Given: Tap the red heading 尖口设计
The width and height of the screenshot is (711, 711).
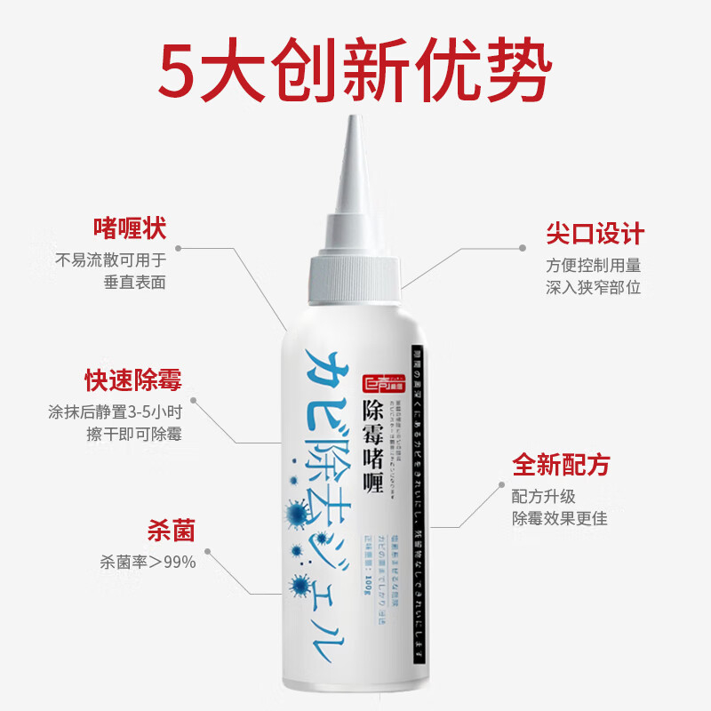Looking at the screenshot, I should click(595, 234).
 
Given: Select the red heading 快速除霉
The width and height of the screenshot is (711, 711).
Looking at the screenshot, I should click(133, 380).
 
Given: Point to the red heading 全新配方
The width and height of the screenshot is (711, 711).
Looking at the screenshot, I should click(561, 465).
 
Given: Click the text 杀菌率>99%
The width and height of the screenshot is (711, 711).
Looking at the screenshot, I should click(148, 562).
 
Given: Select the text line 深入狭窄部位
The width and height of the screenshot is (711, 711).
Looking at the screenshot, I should click(594, 287).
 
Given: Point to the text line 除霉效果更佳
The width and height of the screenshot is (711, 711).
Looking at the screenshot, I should click(560, 518).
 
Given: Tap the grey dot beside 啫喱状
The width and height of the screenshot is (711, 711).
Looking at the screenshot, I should click(178, 249).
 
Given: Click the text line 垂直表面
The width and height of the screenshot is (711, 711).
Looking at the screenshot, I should click(135, 282).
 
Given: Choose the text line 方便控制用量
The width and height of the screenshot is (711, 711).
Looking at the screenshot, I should click(594, 265).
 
